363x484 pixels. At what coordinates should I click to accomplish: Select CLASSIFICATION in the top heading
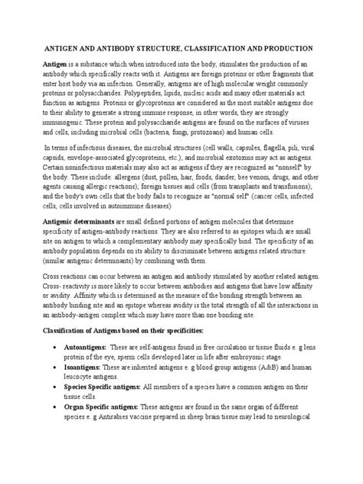point(224,47)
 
